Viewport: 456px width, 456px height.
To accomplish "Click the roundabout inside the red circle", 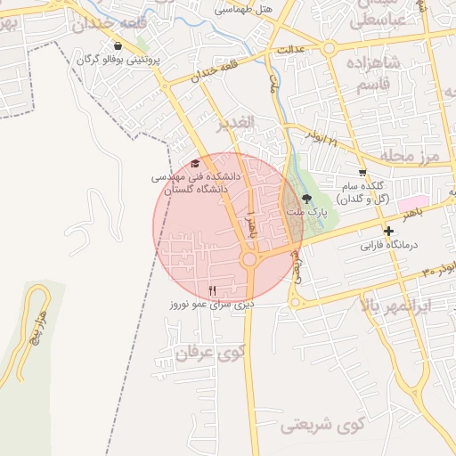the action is pyautogui.click(x=250, y=259).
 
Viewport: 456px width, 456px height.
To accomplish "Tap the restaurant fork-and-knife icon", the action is pyautogui.click(x=212, y=290).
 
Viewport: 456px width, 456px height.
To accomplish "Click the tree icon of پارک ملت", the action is pyautogui.click(x=307, y=199).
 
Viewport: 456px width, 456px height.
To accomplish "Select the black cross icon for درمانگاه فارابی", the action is pyautogui.click(x=388, y=232).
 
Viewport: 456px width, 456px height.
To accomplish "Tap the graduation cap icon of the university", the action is pyautogui.click(x=196, y=163).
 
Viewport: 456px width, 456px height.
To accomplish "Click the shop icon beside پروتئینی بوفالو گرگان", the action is pyautogui.click(x=118, y=45).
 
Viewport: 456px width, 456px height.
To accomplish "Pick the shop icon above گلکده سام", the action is pyautogui.click(x=362, y=173).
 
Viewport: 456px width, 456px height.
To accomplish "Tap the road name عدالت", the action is pyautogui.click(x=293, y=49).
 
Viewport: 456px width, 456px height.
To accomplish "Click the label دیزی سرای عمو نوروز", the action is pyautogui.click(x=213, y=305).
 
